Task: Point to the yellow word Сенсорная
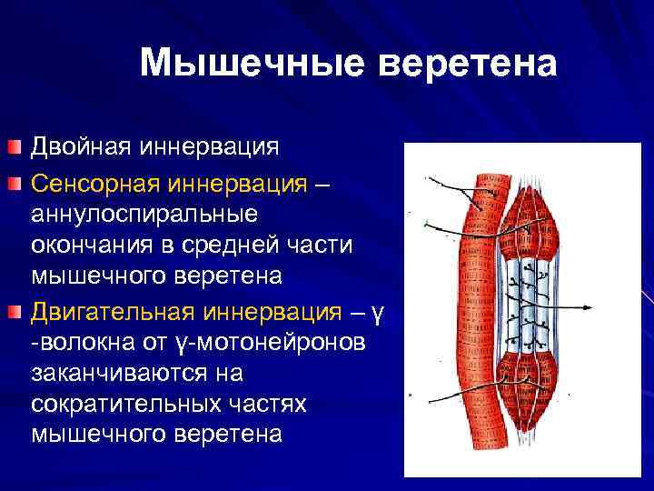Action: pos(94,185)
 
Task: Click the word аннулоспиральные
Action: pos(143,215)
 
